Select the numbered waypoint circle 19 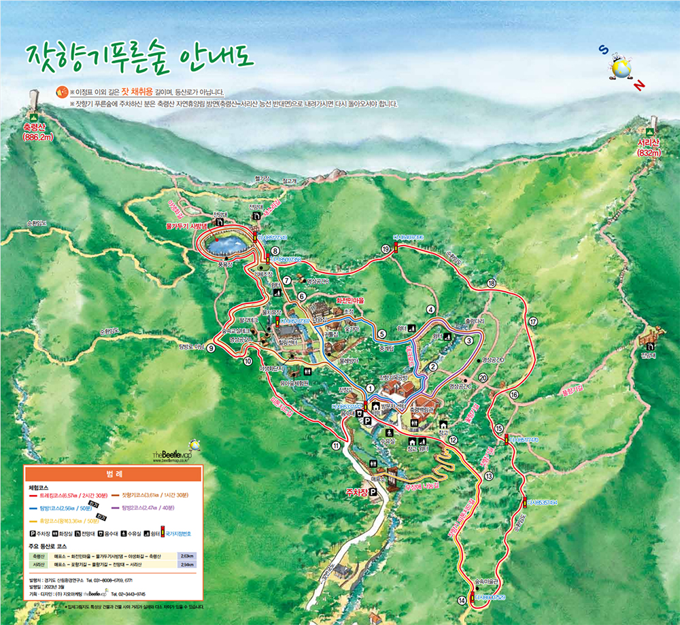pyautogui.click(x=386, y=250)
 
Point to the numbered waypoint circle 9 pyautogui.click(x=211, y=348)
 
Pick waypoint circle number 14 pyautogui.click(x=462, y=600)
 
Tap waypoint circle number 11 pyautogui.click(x=335, y=445)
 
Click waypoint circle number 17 pyautogui.click(x=533, y=322)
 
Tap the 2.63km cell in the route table pyautogui.click(x=184, y=555)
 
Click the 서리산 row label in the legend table pyautogui.click(x=38, y=564)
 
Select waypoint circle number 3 pyautogui.click(x=469, y=341)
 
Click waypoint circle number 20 pyautogui.click(x=483, y=378)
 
